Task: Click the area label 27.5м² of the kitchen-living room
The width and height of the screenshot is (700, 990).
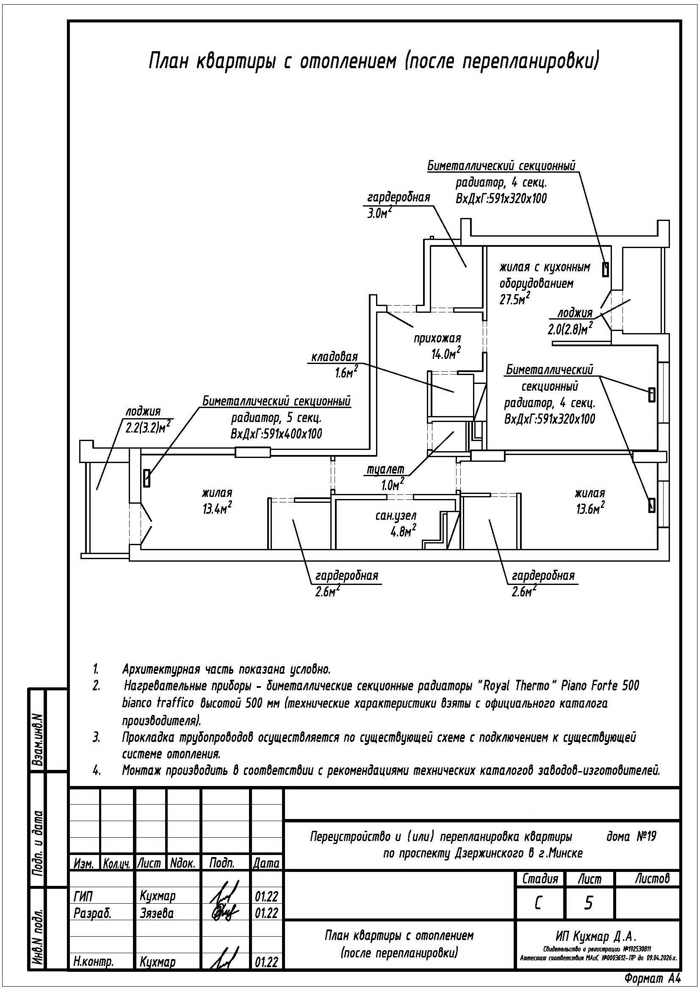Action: tap(515, 299)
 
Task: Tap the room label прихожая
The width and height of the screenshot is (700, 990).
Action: tap(437, 339)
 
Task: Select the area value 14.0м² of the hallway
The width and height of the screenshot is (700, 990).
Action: tap(446, 353)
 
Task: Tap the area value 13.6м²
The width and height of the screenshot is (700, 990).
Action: tap(589, 509)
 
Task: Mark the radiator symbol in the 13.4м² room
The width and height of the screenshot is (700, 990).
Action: tap(147, 478)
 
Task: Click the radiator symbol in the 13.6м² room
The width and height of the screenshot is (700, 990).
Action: tap(651, 505)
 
